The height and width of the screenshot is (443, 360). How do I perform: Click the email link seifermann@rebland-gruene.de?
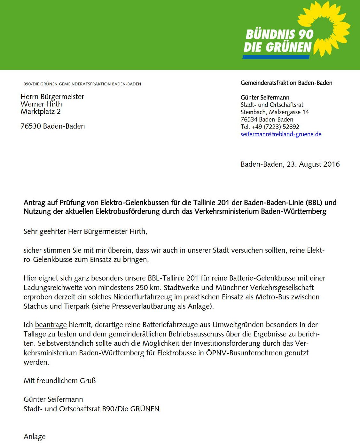(281, 134)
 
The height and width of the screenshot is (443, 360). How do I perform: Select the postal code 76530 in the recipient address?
(31, 126)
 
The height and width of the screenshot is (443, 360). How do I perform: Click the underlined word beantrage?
(51, 325)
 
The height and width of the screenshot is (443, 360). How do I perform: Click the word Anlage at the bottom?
(35, 437)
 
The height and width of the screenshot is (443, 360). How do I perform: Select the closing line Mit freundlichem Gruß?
(59, 381)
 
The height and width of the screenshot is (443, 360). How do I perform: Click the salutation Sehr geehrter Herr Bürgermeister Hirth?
(85, 231)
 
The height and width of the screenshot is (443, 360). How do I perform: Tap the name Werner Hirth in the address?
(41, 104)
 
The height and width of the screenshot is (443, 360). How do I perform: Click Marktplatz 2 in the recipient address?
(40, 112)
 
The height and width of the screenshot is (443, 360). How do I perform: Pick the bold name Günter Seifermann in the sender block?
(265, 98)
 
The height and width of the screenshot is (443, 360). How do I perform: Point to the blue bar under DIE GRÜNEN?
(276, 57)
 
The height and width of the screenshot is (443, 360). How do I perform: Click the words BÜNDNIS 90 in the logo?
(279, 34)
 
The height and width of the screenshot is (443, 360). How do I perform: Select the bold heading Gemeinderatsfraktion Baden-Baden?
(286, 83)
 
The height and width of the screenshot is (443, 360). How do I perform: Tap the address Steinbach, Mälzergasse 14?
(274, 112)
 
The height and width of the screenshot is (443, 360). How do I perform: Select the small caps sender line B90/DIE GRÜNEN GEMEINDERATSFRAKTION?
(82, 84)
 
